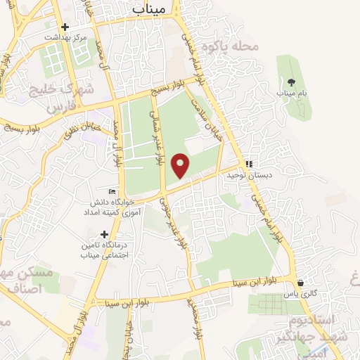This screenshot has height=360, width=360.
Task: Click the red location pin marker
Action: pyautogui.click(x=181, y=165)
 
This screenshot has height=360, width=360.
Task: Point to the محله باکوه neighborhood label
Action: pyautogui.click(x=230, y=46)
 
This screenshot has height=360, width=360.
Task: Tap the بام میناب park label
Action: pyautogui.click(x=290, y=92)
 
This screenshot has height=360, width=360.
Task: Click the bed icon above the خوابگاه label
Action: pyautogui.click(x=111, y=192)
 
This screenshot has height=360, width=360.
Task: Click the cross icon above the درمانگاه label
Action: pyautogui.click(x=105, y=234)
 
